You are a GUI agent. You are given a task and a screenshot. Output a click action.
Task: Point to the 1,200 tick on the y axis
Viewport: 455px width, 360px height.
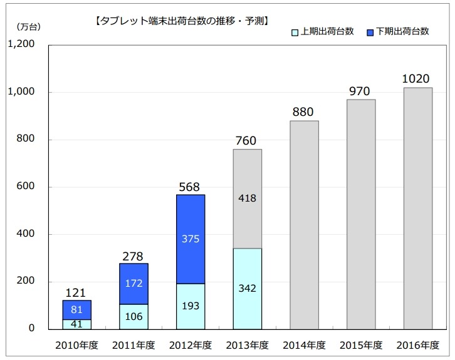point(22,45)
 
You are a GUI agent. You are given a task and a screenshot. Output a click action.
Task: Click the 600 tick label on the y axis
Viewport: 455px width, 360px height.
point(28,187)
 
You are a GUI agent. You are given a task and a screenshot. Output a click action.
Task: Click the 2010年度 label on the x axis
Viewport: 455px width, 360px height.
point(76,345)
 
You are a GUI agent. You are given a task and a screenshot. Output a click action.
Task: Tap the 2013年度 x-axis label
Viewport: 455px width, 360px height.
point(248,345)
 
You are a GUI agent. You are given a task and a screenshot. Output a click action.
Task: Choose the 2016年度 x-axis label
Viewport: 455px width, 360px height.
point(418,345)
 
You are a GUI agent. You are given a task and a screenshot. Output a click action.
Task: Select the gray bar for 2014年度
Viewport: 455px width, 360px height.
point(305,225)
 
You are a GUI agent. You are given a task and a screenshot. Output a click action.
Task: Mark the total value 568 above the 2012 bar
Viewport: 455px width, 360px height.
point(191,187)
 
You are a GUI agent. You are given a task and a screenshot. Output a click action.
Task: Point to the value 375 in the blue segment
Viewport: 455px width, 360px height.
point(191,239)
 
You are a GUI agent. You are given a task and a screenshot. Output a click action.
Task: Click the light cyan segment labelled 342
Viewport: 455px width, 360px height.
point(248,289)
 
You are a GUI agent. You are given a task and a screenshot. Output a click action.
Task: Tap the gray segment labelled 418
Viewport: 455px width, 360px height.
point(248,199)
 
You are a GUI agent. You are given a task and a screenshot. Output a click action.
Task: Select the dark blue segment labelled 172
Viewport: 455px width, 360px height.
point(133,284)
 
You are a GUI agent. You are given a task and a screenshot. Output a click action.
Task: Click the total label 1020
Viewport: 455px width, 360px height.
point(416,79)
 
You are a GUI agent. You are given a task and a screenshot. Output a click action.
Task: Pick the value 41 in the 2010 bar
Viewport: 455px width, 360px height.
point(77,324)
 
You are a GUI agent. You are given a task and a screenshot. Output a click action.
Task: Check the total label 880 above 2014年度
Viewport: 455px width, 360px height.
point(304,112)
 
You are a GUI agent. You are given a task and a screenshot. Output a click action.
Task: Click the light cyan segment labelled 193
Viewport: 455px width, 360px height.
point(191,306)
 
